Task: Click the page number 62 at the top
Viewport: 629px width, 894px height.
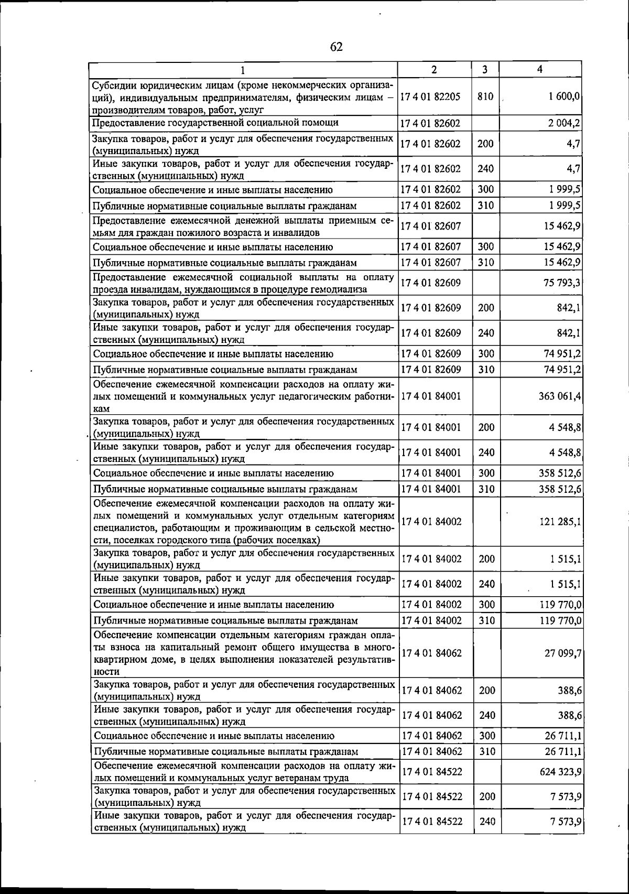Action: click(x=336, y=47)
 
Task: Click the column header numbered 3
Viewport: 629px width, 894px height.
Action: click(x=485, y=69)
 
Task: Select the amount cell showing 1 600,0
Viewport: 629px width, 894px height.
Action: click(x=564, y=96)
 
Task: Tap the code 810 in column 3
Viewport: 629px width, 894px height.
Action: click(x=485, y=96)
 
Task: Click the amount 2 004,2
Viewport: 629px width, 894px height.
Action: click(x=564, y=123)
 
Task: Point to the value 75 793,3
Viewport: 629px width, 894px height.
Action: click(x=561, y=283)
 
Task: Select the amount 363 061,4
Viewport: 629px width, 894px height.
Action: click(x=559, y=396)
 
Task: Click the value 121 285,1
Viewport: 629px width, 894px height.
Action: click(x=559, y=522)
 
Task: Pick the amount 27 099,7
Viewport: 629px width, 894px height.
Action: click(x=562, y=653)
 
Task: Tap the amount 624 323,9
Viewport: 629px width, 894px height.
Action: click(x=560, y=772)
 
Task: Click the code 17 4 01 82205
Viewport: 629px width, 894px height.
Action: click(x=430, y=96)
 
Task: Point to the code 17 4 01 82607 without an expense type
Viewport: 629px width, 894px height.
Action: click(x=430, y=226)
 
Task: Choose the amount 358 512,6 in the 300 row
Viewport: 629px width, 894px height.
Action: click(x=560, y=473)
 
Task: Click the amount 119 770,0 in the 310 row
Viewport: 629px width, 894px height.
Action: click(x=560, y=621)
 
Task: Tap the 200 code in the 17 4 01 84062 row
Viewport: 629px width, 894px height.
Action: click(x=486, y=691)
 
